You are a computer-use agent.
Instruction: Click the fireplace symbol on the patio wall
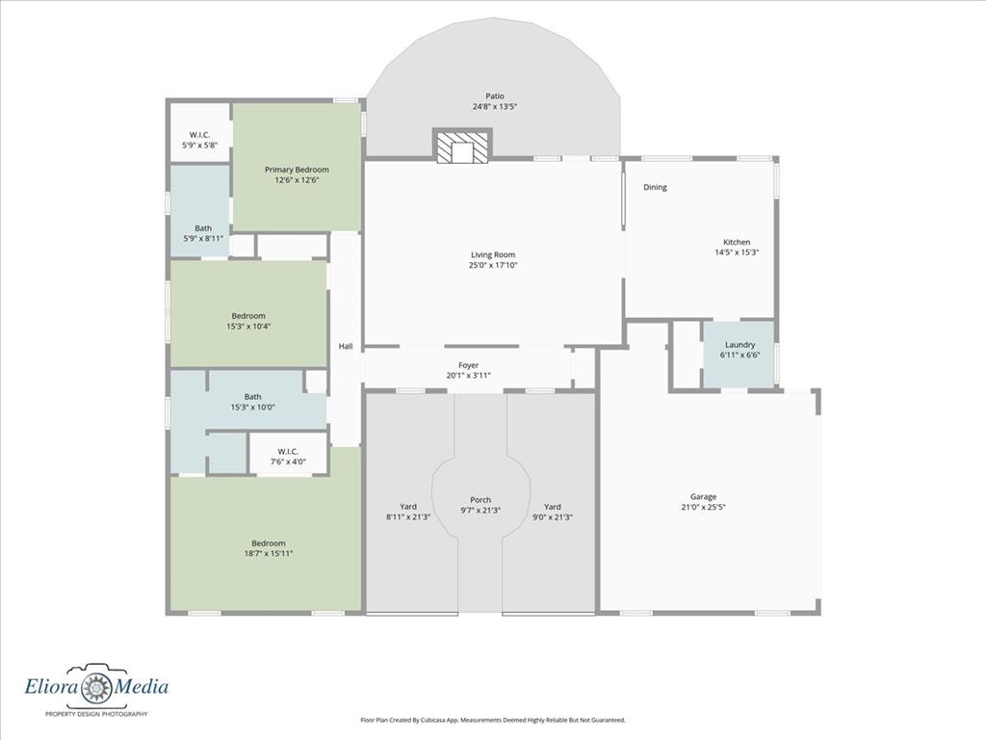tap(462, 146)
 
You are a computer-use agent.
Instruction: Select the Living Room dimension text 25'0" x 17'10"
tap(493, 266)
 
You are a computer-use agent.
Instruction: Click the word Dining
tap(655, 187)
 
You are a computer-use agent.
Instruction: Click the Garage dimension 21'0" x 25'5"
tap(703, 507)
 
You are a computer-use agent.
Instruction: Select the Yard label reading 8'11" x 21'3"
tap(408, 512)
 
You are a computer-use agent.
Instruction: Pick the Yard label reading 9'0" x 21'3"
tap(552, 512)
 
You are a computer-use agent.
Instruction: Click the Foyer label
tap(469, 365)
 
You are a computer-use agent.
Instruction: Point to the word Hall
tap(346, 346)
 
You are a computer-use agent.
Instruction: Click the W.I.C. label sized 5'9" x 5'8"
tap(199, 140)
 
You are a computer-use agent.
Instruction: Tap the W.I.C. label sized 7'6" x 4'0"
tap(287, 456)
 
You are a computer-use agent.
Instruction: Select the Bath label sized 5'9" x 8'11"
tap(203, 233)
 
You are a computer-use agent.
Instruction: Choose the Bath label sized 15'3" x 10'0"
tap(253, 402)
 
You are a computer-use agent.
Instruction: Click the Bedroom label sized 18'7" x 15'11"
tap(269, 548)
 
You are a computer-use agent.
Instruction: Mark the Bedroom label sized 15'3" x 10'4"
tap(248, 321)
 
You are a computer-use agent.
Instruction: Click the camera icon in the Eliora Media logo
tap(96, 686)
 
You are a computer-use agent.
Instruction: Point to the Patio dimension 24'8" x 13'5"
tap(495, 107)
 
